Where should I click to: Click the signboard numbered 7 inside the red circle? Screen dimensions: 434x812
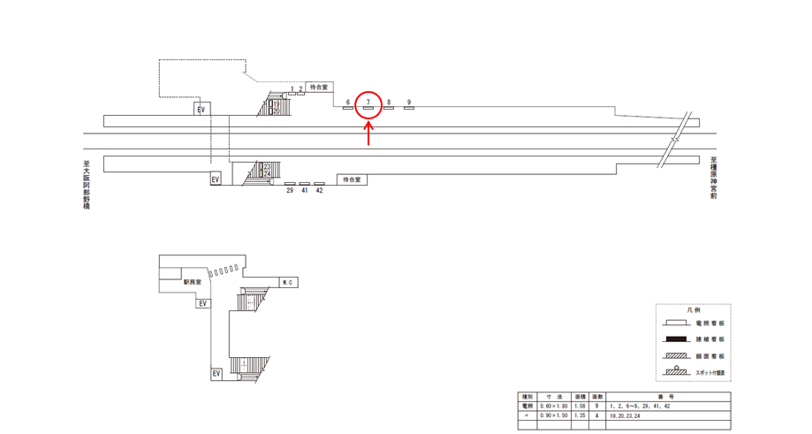click(x=368, y=110)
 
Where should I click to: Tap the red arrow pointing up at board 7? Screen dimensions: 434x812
click(x=368, y=133)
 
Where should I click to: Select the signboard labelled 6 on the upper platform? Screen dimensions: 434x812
click(x=348, y=110)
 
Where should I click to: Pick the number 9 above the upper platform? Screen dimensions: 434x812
click(x=409, y=102)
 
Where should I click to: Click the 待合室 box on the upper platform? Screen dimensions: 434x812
click(x=319, y=88)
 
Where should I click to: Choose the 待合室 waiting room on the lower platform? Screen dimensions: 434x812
click(x=353, y=179)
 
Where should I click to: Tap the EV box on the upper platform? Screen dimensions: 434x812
click(x=201, y=109)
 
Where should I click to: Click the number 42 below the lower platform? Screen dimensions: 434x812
click(x=319, y=190)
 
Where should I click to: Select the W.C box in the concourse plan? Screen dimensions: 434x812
click(x=287, y=282)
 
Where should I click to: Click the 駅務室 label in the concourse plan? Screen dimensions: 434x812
click(x=194, y=284)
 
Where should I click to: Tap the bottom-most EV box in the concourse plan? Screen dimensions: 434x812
click(x=216, y=374)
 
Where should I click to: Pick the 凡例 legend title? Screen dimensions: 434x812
click(x=693, y=311)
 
